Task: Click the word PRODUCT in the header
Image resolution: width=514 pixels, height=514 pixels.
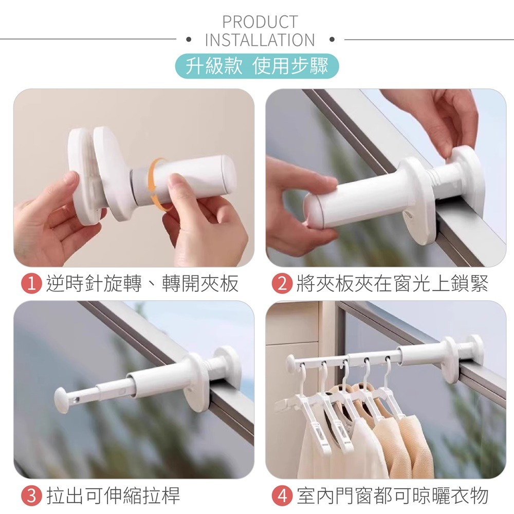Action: pyautogui.click(x=260, y=22)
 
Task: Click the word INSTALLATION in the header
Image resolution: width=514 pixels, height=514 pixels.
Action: pyautogui.click(x=260, y=40)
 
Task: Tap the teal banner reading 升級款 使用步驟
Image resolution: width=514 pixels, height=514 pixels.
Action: pyautogui.click(x=257, y=66)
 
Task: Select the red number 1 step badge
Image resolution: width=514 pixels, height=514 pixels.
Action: pyautogui.click(x=31, y=284)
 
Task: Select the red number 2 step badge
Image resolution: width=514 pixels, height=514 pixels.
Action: pyautogui.click(x=282, y=284)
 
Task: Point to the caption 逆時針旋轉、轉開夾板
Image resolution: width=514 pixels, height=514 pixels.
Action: pyautogui.click(x=142, y=284)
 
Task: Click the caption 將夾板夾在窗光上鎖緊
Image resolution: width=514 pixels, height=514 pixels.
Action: pyautogui.click(x=392, y=284)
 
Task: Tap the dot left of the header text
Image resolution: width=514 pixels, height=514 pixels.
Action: pyautogui.click(x=188, y=40)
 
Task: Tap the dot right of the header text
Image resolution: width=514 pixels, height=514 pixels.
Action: pyautogui.click(x=332, y=40)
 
